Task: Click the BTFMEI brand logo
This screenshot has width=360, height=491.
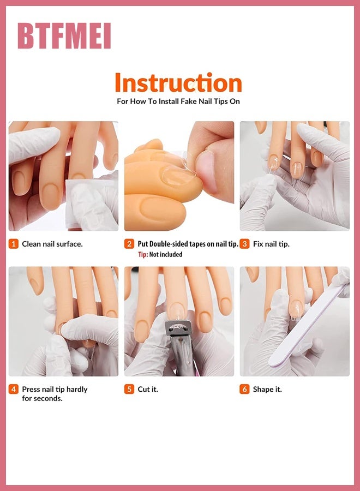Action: [64, 37]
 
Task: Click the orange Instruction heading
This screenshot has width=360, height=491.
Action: [178, 83]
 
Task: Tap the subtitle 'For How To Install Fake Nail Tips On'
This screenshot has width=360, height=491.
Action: [178, 101]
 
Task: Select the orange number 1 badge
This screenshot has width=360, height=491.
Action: [14, 244]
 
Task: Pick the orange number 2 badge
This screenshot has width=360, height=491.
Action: [129, 244]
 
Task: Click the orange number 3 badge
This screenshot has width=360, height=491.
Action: [244, 244]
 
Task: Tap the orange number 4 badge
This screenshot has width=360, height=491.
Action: [14, 390]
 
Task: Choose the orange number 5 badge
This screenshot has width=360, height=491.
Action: [129, 390]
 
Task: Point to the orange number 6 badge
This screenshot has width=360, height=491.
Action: [244, 390]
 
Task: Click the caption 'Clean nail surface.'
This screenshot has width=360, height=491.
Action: [52, 244]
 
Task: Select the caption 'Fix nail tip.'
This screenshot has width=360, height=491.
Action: [271, 244]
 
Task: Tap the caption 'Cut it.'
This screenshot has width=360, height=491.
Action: [148, 390]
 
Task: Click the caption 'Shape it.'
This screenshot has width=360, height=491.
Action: [267, 390]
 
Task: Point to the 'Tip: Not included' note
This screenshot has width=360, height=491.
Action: [160, 254]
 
